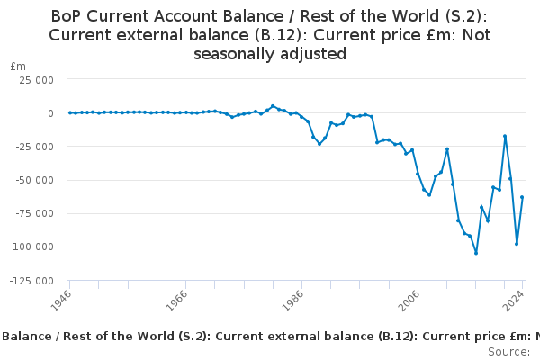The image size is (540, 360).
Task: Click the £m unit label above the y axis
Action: pos(18,67)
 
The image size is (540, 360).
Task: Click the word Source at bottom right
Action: pos(508,351)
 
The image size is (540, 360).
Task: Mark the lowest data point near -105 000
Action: pos(476,253)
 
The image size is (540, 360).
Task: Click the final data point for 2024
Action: pos(522,197)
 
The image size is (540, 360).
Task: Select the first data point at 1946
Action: pos(69,112)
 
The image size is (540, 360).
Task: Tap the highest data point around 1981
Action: pos(273,106)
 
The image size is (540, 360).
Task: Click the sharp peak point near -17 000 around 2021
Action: pos(505,136)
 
